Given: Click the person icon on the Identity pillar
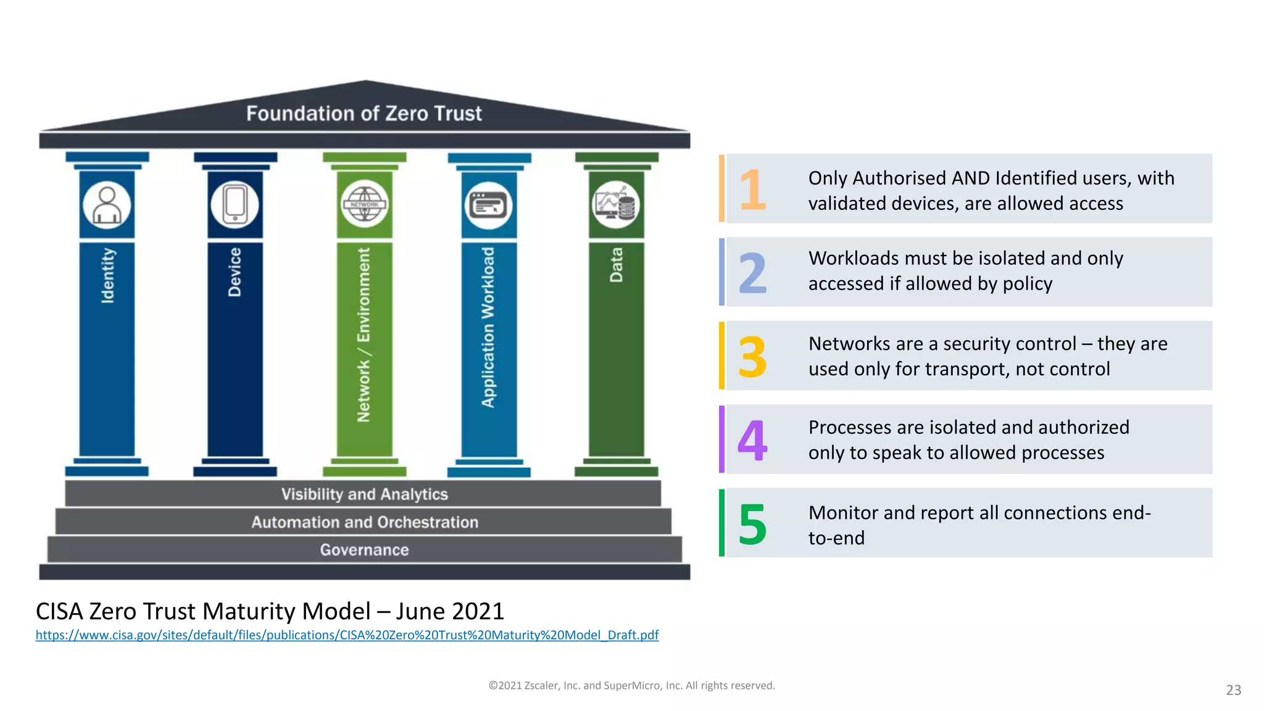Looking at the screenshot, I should pyautogui.click(x=107, y=205).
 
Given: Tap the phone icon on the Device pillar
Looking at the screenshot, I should pyautogui.click(x=235, y=205).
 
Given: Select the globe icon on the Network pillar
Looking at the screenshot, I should pyautogui.click(x=364, y=205).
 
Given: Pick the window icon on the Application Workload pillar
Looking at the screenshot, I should pyautogui.click(x=489, y=206).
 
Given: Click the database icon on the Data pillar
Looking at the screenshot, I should pyautogui.click(x=616, y=205).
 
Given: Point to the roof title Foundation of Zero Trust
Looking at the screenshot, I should pyautogui.click(x=364, y=114).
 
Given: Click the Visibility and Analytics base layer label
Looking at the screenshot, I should pyautogui.click(x=364, y=494).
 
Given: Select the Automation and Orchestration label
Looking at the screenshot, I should pyautogui.click(x=364, y=522).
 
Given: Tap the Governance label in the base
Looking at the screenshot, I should pyautogui.click(x=364, y=550).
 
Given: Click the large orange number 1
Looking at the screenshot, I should pyautogui.click(x=752, y=189).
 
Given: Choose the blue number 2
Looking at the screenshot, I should pyautogui.click(x=752, y=273).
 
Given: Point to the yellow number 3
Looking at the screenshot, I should pyautogui.click(x=752, y=357).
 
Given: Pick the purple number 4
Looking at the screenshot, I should pyautogui.click(x=752, y=440).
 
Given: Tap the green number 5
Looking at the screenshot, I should pyautogui.click(x=752, y=524).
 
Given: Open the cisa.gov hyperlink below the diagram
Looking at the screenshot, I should pyautogui.click(x=347, y=635).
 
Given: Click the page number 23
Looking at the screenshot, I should pyautogui.click(x=1233, y=690).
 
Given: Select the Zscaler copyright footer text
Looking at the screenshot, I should pyautogui.click(x=631, y=686).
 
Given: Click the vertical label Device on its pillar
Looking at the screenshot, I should pyautogui.click(x=235, y=272).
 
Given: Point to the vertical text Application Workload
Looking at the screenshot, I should pyautogui.click(x=488, y=328).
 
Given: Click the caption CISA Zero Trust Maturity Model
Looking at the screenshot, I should pyautogui.click(x=270, y=611).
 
